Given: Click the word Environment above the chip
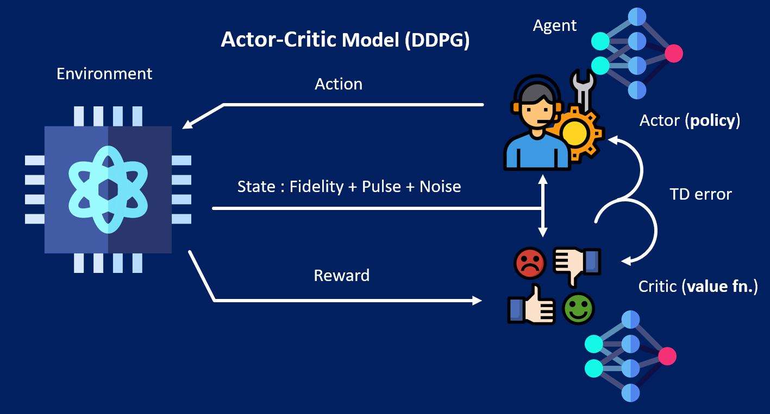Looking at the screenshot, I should (104, 73).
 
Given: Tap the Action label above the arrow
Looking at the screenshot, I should (339, 84).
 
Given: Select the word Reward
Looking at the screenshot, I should (342, 276).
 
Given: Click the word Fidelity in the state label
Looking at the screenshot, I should (316, 187).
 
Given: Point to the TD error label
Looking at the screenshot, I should (700, 194).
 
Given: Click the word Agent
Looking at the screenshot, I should (555, 25).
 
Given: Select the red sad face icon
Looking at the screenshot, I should (529, 262).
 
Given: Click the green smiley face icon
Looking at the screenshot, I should (578, 309).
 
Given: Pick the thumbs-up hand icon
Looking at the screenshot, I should (531, 306).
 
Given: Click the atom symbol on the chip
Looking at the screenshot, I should (108, 189).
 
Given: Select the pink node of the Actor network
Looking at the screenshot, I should (674, 53).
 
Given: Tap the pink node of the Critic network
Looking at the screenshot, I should (667, 356).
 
